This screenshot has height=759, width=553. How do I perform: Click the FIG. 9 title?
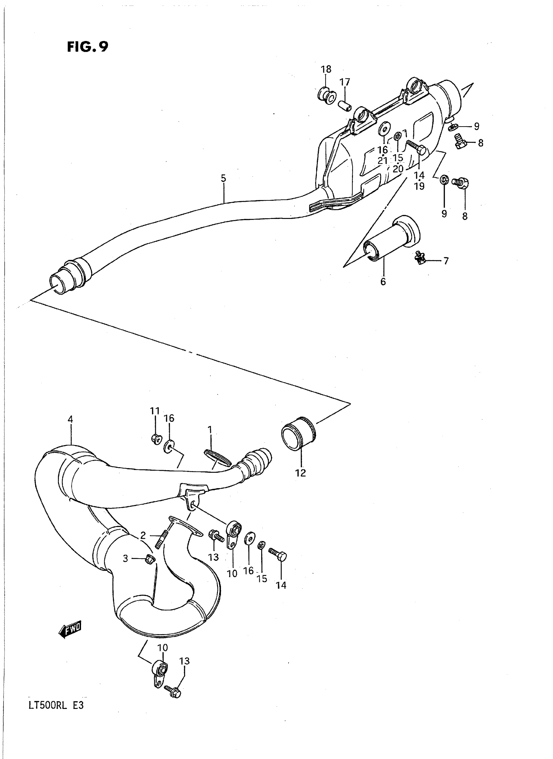point(88,47)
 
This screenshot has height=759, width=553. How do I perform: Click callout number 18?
point(326,69)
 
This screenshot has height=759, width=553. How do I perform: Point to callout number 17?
point(345,82)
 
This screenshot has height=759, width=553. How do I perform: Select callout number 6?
point(383,281)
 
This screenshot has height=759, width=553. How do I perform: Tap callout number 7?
point(446,261)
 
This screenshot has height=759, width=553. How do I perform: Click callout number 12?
point(301,473)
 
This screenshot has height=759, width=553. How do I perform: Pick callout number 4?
point(70,419)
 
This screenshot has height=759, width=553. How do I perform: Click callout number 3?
point(125,558)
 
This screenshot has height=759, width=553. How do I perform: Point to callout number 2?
point(143,536)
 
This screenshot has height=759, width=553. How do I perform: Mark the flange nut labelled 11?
point(156,438)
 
